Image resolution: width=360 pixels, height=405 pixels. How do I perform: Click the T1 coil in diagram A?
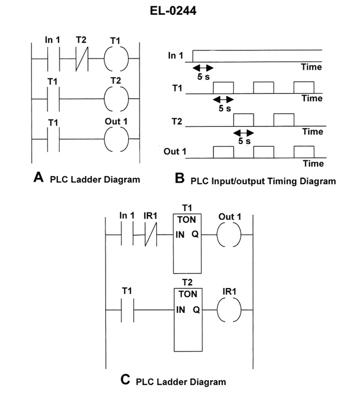[116, 59]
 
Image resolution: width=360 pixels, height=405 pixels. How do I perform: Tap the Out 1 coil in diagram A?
[116, 139]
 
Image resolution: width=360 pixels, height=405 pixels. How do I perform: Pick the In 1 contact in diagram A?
[53, 59]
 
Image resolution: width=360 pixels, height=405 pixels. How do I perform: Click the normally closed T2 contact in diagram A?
[81, 59]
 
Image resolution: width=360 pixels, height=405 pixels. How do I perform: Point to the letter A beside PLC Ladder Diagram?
[39, 178]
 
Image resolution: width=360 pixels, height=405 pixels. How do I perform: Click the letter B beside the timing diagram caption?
[180, 179]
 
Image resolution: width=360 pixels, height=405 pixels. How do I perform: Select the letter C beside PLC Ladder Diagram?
[126, 380]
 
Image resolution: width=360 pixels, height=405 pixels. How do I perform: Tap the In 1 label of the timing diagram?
[175, 56]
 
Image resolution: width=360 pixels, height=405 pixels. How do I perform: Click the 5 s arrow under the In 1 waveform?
[202, 67]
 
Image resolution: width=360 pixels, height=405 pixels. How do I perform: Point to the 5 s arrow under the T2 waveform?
[243, 133]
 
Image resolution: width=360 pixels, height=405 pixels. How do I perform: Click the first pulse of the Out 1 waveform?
[223, 152]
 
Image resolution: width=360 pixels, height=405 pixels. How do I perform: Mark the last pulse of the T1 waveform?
[304, 87]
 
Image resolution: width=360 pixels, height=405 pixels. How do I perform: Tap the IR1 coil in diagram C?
[229, 310]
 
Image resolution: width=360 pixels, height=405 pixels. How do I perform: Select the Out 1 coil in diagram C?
[229, 235]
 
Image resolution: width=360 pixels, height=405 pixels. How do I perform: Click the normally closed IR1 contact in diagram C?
[150, 235]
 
